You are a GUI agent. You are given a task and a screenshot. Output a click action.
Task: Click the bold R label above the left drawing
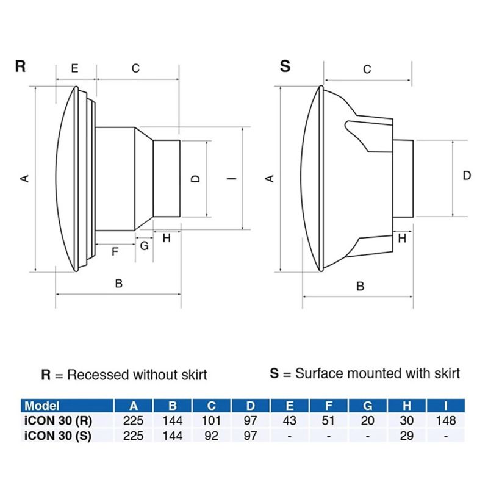pyautogui.click(x=20, y=66)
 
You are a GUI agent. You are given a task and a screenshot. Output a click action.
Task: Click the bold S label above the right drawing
pyautogui.click(x=285, y=66)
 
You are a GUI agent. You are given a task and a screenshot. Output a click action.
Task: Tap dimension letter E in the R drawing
pyautogui.click(x=74, y=68)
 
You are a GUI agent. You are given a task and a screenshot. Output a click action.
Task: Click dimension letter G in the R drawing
pyautogui.click(x=144, y=246)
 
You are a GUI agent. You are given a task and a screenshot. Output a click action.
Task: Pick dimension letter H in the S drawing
pyautogui.click(x=402, y=239)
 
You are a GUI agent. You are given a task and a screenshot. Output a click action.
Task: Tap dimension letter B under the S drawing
pyautogui.click(x=360, y=285)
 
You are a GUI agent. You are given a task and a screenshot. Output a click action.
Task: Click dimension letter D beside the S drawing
pyautogui.click(x=467, y=176)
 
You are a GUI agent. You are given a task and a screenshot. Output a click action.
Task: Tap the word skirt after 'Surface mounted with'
pyautogui.click(x=440, y=372)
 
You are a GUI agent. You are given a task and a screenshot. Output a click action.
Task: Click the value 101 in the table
pyautogui.click(x=211, y=420)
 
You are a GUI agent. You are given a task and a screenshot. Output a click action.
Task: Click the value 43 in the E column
pyautogui.click(x=290, y=420)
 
